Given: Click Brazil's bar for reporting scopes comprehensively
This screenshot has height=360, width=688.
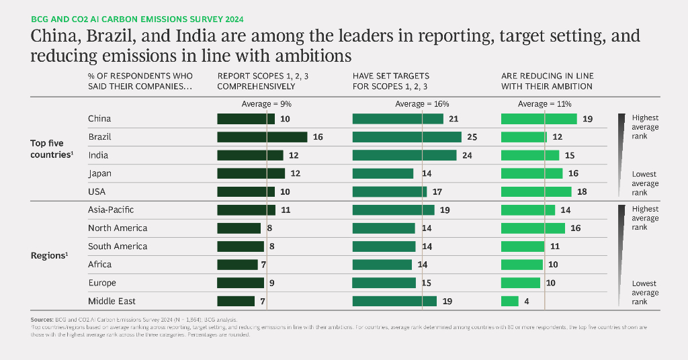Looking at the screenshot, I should [262, 137].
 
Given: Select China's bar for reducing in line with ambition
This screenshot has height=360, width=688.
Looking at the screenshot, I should [539, 119].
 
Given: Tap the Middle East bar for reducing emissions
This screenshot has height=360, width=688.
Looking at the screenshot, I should [510, 301].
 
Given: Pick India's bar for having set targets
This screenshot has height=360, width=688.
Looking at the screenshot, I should [404, 155].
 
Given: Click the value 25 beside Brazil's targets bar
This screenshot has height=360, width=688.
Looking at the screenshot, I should [472, 137].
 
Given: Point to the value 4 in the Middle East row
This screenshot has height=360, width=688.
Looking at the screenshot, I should [527, 301].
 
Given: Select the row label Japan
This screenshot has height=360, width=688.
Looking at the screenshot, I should [99, 173].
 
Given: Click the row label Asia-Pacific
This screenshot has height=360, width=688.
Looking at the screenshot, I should [111, 210].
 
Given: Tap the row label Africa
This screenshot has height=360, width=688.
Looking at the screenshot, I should [100, 265].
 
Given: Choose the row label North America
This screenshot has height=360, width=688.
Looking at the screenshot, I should [118, 228].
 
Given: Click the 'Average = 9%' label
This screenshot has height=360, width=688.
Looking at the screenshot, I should [267, 104].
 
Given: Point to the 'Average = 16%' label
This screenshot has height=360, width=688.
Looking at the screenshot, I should [422, 104].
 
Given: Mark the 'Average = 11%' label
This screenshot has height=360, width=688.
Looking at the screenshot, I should [544, 104].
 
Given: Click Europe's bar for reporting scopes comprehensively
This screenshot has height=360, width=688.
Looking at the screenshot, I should [241, 283].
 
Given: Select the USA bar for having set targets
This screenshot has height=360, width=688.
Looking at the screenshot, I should [390, 191].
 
